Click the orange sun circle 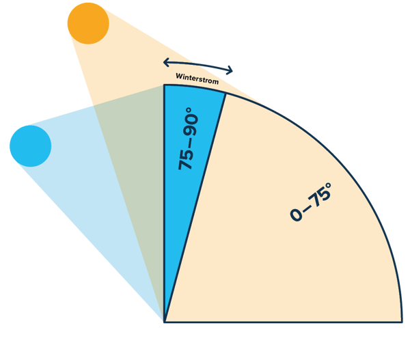(89, 24)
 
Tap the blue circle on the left (31, 146)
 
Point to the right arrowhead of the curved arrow (231, 71)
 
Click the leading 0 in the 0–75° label (295, 216)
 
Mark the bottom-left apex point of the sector (165, 320)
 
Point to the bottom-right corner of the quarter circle (401, 320)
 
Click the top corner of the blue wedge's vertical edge (165, 85)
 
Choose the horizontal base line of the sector (287, 320)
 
